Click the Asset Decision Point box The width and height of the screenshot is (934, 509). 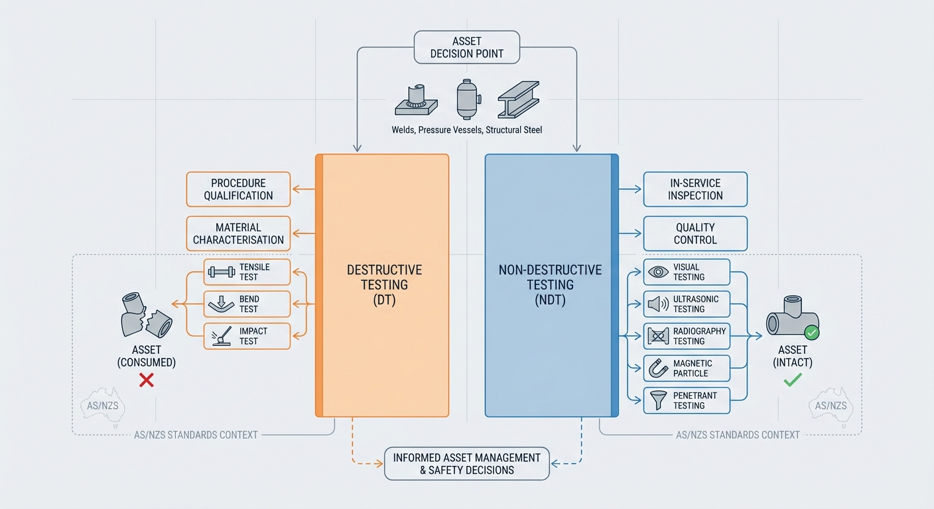coord(466,47)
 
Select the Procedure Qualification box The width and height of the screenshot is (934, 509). coord(238,189)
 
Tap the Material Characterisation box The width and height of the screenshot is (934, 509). coord(238,233)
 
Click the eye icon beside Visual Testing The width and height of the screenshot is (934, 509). coord(657,272)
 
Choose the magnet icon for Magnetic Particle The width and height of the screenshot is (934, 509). coord(657,368)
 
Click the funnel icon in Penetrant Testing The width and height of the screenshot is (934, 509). coord(657,400)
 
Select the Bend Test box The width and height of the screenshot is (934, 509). coord(247,304)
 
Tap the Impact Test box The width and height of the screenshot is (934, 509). coord(247,336)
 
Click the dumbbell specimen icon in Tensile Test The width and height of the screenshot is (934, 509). coord(221,272)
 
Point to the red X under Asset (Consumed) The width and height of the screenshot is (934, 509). coord(147,380)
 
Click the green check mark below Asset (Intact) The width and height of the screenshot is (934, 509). coord(793,380)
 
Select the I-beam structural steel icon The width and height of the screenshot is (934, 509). coord(518,101)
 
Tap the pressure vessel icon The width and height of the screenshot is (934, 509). coord(466,99)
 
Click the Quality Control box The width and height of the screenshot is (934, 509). coord(695,233)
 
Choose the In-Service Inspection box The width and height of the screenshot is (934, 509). coord(695,189)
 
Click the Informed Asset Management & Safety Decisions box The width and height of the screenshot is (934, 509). coord(466,463)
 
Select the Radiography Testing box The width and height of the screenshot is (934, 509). coord(687,336)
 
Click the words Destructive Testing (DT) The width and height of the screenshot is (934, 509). coord(384,284)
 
